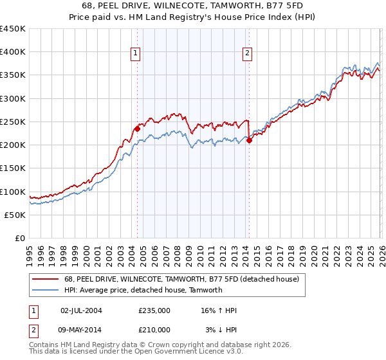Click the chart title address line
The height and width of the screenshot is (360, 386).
[193, 5]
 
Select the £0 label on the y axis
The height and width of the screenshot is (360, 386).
[19, 238]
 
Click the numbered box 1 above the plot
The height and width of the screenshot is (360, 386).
[136, 54]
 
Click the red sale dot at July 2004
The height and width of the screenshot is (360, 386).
[137, 129]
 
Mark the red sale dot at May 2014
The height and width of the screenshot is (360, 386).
[249, 141]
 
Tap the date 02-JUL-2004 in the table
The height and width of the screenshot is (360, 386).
[81, 311]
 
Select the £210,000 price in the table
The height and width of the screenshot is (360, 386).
[154, 329]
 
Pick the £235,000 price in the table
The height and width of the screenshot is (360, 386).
[154, 311]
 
